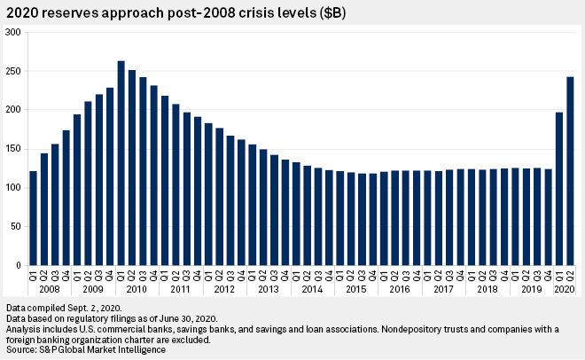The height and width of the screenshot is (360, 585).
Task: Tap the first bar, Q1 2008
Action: coord(33,218)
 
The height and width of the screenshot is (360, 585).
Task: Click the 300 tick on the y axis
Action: coord(13,32)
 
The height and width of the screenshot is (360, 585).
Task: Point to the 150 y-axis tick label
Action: coord(13,149)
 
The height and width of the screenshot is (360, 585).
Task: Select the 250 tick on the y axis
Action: coord(13,71)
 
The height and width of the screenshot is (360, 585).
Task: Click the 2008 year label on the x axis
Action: coord(50,289)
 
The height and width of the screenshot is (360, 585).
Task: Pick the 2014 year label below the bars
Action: coord(313,289)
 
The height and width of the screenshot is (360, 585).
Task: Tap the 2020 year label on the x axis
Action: coord(565,289)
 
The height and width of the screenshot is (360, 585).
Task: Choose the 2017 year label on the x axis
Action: coord(444,289)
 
